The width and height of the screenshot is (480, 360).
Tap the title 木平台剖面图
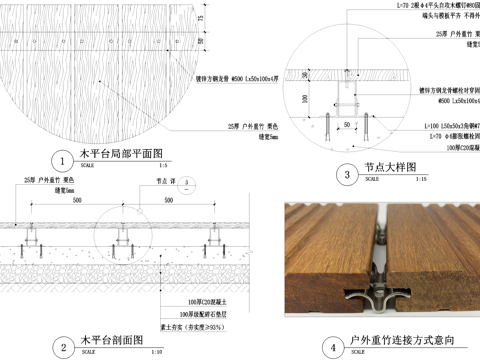click(x=112, y=342)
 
